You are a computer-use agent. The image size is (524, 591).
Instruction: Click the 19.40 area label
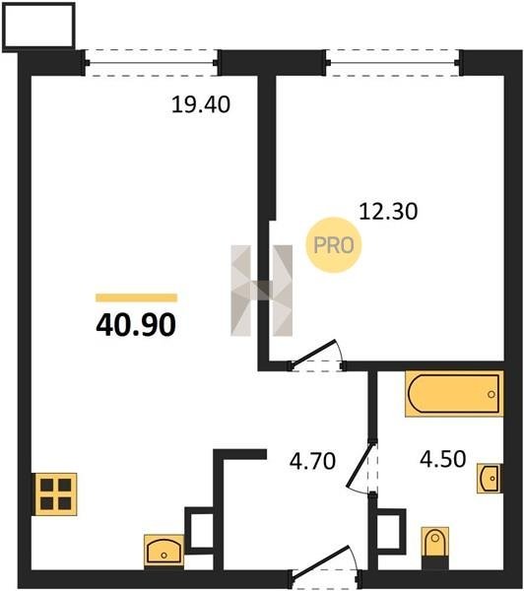(201, 104)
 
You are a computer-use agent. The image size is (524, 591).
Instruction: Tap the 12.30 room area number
(388, 212)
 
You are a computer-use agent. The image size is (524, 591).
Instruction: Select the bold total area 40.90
(136, 325)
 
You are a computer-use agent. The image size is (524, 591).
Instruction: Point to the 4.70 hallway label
(312, 461)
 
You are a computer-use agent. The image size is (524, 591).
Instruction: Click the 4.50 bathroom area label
(443, 459)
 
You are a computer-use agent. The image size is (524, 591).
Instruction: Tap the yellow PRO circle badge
(334, 245)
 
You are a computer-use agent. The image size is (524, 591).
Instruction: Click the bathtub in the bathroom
(454, 394)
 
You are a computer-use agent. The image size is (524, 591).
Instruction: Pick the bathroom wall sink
(490, 479)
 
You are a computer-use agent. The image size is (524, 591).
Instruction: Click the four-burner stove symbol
(56, 494)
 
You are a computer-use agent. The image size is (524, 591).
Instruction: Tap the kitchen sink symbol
(164, 551)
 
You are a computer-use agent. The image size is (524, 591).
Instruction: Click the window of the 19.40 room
(152, 63)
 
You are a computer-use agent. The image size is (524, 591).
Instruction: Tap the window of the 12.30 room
(393, 63)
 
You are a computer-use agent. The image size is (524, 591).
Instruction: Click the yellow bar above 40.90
(137, 297)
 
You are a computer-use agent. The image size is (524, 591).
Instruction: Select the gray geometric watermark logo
(262, 291)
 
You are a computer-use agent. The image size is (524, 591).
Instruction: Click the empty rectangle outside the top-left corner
(38, 28)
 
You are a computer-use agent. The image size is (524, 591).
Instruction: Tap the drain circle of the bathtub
(491, 394)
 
